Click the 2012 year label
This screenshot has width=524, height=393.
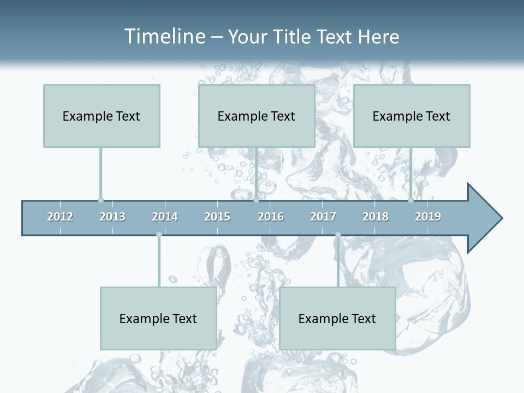tap(60, 217)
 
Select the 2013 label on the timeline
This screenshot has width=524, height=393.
tap(112, 217)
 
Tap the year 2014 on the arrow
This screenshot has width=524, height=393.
tap(165, 217)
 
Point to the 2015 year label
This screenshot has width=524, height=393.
tap(217, 217)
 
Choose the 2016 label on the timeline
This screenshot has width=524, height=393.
tap(271, 217)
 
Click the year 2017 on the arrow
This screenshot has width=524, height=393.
tap(323, 217)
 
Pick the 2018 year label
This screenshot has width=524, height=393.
tap(376, 217)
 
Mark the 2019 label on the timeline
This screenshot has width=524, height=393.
tap(428, 217)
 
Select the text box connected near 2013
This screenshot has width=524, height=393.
tap(102, 116)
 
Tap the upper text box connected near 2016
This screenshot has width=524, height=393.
tap(257, 116)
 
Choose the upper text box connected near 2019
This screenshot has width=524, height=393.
tap(412, 116)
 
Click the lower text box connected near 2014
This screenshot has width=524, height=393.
tap(158, 318)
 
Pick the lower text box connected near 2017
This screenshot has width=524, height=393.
tap(337, 318)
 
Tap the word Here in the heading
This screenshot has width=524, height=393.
tap(379, 37)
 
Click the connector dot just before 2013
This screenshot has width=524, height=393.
tap(100, 200)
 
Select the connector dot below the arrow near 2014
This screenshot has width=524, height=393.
tap(159, 235)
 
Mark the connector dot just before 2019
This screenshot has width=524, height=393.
tap(410, 200)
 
